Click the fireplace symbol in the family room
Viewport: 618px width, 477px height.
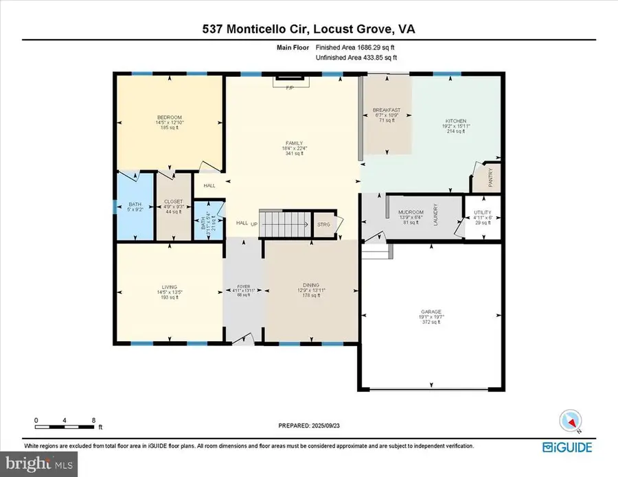[292, 83]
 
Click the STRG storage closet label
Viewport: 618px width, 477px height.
[323, 224]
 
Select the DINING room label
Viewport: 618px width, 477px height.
[311, 286]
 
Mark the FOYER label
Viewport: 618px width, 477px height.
[244, 286]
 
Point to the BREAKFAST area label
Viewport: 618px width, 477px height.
[387, 110]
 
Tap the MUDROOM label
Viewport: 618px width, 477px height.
[411, 212]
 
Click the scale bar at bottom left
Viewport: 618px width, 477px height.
[65, 420]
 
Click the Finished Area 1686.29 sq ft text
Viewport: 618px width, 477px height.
[355, 47]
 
